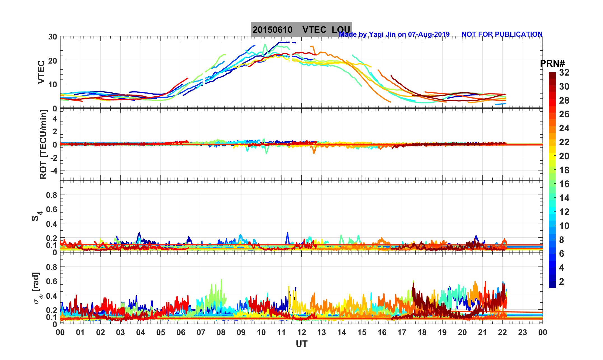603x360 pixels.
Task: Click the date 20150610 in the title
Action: coord(272,30)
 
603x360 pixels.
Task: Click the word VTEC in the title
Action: coord(314,30)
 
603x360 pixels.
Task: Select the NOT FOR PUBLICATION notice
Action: coord(502,34)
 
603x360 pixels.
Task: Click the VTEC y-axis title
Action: coord(41,72)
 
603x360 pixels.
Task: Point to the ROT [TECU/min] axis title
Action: coord(43,144)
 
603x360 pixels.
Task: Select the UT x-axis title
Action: coord(302,344)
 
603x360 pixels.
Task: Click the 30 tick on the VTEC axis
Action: coord(52,37)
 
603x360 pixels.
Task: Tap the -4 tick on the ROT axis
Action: coord(53,170)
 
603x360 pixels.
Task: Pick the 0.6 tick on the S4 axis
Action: coord(52,209)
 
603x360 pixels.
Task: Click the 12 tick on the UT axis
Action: coord(302,333)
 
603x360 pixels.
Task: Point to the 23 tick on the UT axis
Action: coord(523,333)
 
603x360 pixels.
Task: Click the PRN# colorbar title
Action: coord(552,64)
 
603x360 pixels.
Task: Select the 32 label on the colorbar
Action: coord(564,73)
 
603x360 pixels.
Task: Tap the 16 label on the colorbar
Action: coord(564,184)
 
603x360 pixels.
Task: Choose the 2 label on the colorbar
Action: coord(562,281)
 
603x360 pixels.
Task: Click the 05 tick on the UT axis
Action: coord(161,333)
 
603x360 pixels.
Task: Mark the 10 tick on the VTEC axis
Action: coord(52,84)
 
